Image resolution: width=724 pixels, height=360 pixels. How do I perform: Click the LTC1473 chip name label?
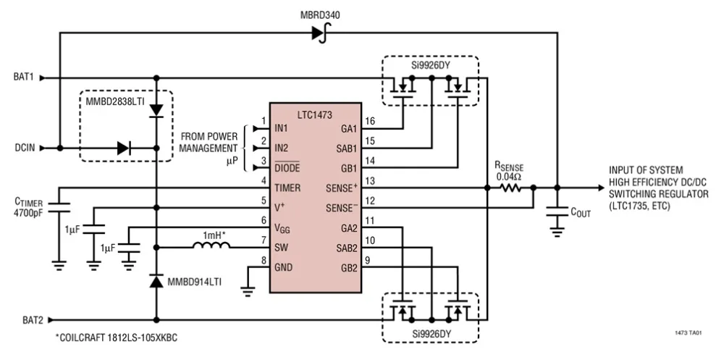point(315,114)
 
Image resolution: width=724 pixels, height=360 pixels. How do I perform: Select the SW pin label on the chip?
point(282,246)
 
